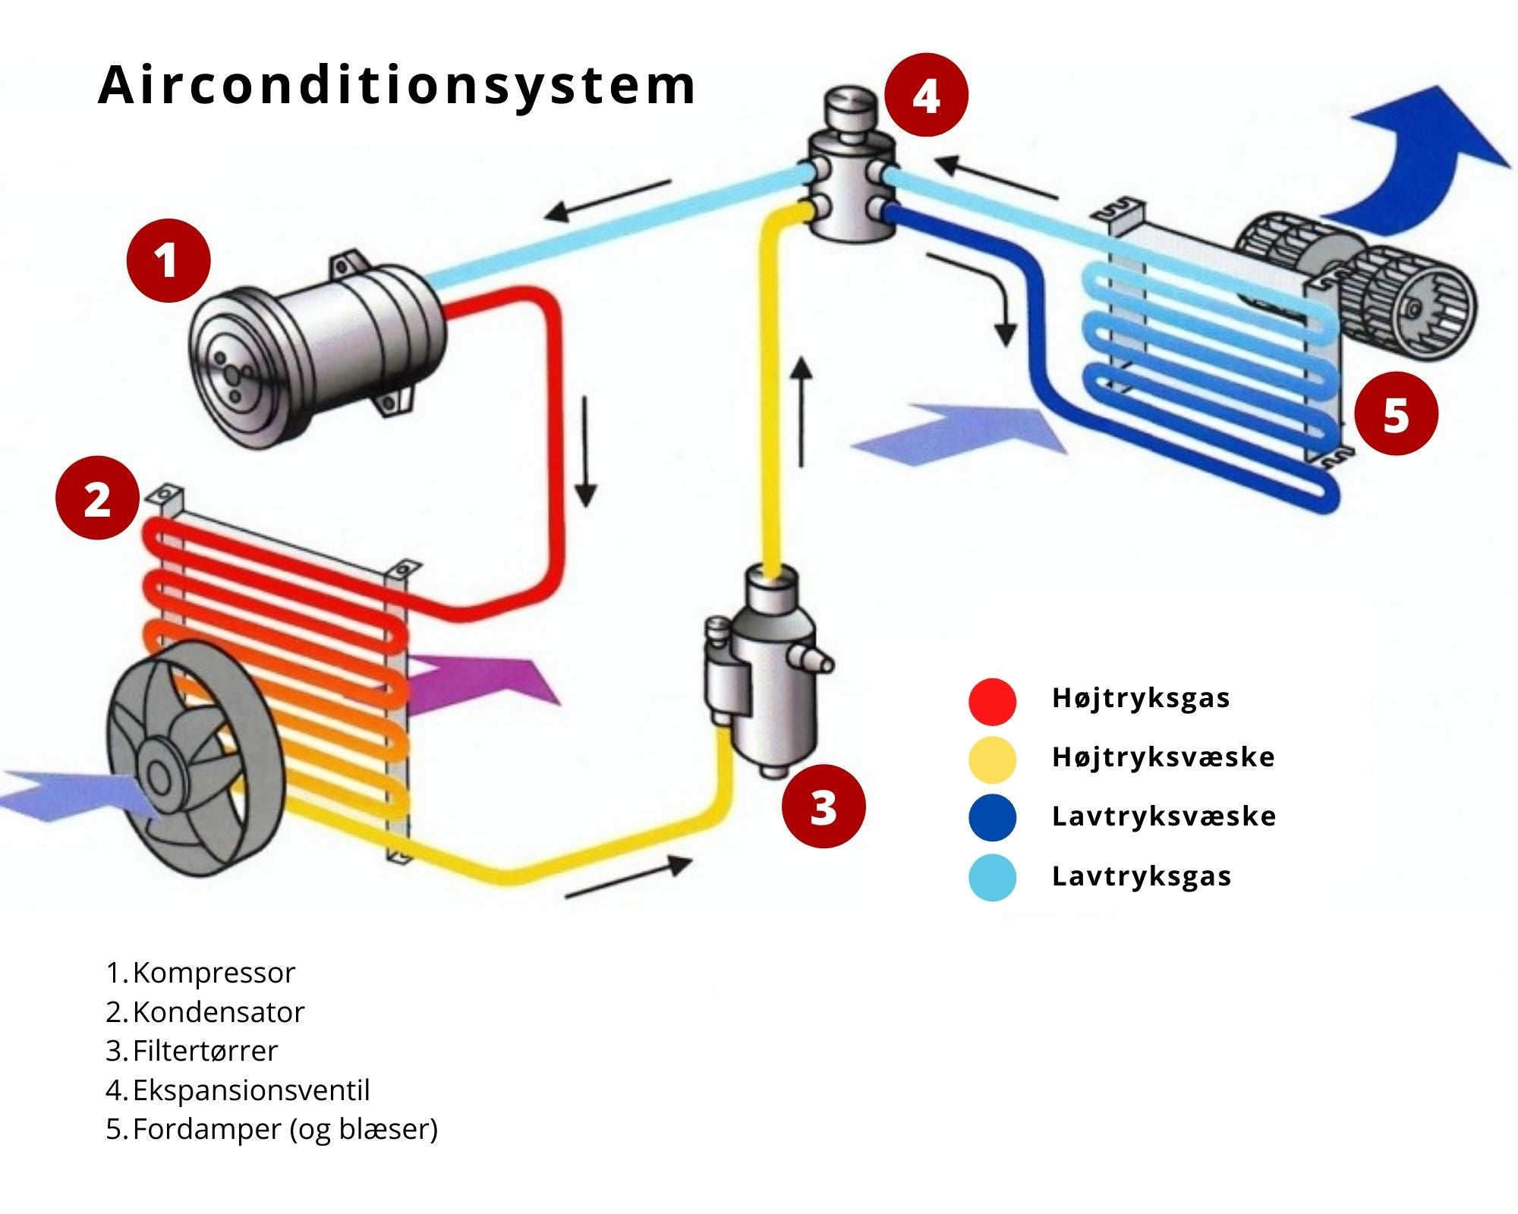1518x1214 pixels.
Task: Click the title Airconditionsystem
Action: [396, 85]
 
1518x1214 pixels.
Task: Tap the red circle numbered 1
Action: [168, 261]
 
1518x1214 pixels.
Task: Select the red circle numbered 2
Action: [97, 498]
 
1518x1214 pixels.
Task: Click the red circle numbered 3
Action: [824, 806]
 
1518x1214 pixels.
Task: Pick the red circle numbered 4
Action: [926, 96]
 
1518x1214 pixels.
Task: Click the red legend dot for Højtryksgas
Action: [992, 701]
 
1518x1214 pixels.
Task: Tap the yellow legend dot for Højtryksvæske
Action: [992, 760]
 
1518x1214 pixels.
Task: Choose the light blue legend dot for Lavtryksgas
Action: [992, 878]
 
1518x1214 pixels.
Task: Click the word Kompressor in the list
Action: [213, 973]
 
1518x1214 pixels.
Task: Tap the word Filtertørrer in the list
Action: [205, 1051]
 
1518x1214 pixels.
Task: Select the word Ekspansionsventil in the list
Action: [250, 1090]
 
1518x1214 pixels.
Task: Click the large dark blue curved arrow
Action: [1412, 159]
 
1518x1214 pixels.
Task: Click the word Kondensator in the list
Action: [218, 1012]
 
